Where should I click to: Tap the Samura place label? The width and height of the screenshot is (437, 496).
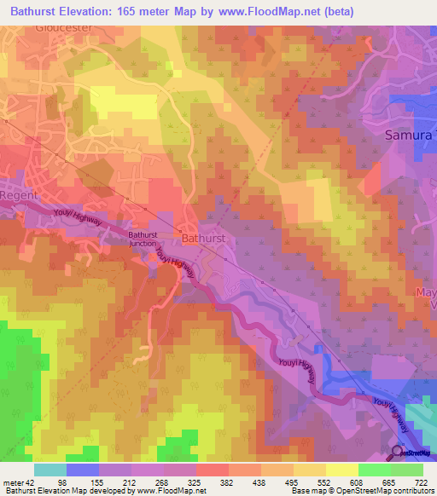point(411,135)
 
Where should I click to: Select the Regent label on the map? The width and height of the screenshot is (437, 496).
point(18,195)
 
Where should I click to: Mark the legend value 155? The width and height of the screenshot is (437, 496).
point(99,482)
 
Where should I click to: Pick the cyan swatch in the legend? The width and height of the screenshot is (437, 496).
point(50,470)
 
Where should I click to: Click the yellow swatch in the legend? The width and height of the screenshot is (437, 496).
point(341,470)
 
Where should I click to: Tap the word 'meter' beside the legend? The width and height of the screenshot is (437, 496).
point(12,482)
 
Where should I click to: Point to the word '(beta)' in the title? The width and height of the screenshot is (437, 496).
point(335,11)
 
